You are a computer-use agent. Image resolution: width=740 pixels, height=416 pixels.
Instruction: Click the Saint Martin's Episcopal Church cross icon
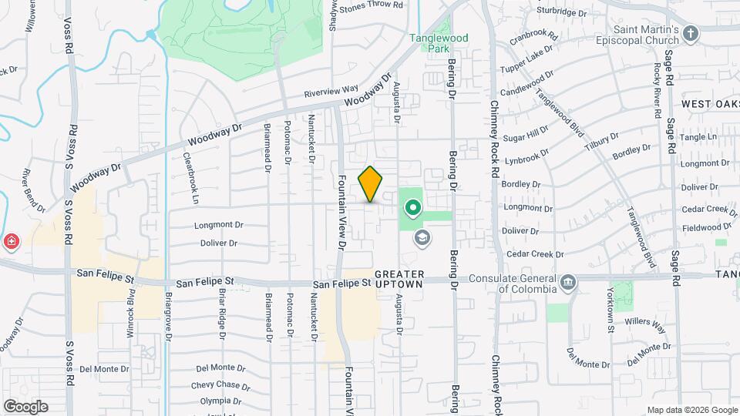(x=691, y=33)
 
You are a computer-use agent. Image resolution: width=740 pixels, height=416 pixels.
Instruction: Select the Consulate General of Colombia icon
(x=568, y=283)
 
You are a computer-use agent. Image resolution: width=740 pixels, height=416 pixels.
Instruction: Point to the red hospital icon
(x=12, y=243)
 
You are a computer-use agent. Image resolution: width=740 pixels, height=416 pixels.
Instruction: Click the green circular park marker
(x=412, y=207)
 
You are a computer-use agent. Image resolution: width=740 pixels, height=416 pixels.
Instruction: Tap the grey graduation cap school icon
(x=421, y=237)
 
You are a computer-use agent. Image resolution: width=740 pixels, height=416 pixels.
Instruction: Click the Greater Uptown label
(x=399, y=279)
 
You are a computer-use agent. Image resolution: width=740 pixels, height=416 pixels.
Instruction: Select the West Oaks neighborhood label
(x=709, y=103)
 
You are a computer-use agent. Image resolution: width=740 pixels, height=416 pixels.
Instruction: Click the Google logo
(x=25, y=407)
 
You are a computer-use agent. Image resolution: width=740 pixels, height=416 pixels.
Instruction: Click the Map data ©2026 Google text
(x=691, y=410)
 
